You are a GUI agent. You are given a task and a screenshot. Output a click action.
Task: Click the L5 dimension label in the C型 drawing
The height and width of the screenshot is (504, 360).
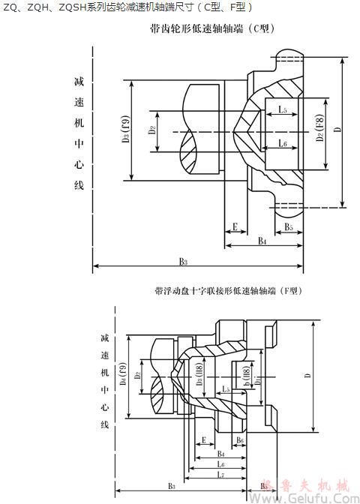(x=281, y=110)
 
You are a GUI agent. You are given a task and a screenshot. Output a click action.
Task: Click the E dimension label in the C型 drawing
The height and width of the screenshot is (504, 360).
(x=235, y=226)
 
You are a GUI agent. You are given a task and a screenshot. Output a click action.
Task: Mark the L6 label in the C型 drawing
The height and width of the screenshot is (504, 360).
(x=282, y=142)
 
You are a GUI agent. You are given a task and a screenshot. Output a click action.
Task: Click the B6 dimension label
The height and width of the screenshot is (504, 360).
(x=239, y=440)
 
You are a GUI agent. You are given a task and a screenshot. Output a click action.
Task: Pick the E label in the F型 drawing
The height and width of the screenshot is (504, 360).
(x=204, y=440)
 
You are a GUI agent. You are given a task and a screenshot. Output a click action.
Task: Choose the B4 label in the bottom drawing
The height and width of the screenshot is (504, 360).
(x=220, y=454)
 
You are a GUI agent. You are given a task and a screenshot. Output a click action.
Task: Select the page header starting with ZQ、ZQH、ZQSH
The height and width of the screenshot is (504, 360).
(x=128, y=7)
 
